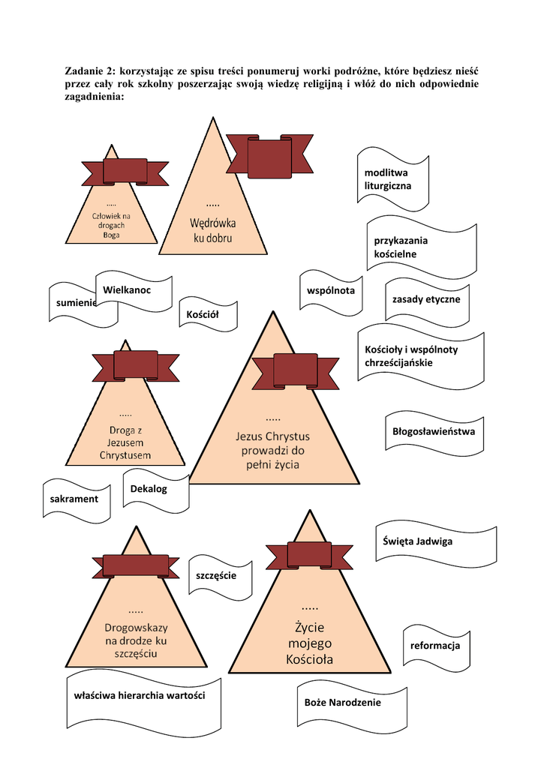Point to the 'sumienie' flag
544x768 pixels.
(x=79, y=305)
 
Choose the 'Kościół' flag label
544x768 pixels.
(x=209, y=314)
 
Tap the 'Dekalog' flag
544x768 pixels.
(x=156, y=491)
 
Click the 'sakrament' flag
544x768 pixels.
(x=77, y=500)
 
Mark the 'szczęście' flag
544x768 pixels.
(x=221, y=578)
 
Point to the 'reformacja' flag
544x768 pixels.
(x=437, y=647)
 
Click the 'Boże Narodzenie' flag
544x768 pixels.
(x=352, y=705)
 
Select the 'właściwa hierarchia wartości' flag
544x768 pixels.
(x=143, y=699)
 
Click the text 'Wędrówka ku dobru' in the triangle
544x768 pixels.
(x=212, y=231)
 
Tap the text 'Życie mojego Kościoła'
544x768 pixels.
(x=310, y=643)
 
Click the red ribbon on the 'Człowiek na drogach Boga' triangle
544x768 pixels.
(x=125, y=172)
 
